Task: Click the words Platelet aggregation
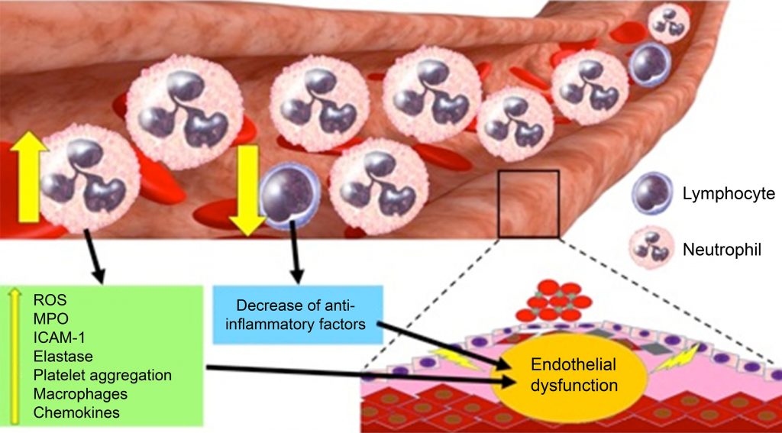[x=103, y=375]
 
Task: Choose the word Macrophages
[x=80, y=394]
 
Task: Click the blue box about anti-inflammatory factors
[x=298, y=313]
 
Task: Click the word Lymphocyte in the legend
[x=729, y=194]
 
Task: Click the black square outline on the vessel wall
[x=528, y=203]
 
